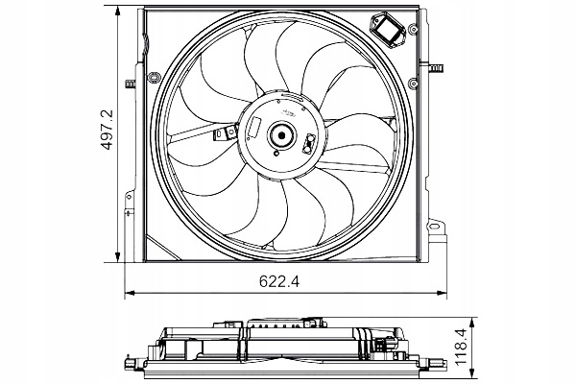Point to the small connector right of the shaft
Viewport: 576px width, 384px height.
click(309, 145)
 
